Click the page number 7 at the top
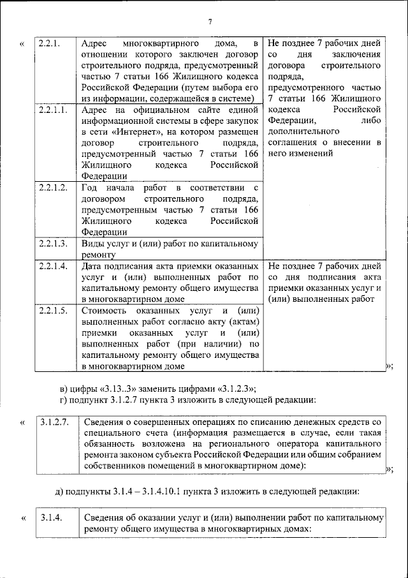pos(210,23)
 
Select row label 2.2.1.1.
pos(53,110)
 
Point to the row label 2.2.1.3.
pos(53,243)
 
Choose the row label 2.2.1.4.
pos(53,265)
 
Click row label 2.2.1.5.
pos(53,310)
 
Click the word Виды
pos(92,243)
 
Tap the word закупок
pos(242,121)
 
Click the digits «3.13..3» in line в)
pos(119,389)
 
